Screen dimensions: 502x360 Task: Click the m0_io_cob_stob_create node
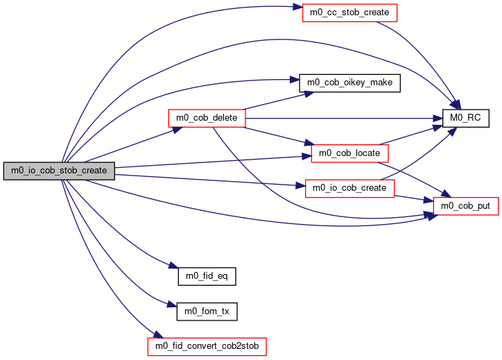(x=59, y=171)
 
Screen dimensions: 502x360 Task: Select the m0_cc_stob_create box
(x=349, y=12)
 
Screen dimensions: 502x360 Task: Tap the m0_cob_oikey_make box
(x=349, y=83)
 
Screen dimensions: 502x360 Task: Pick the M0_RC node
(x=465, y=118)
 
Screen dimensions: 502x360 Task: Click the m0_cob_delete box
(x=207, y=118)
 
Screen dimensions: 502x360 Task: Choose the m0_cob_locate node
(x=349, y=153)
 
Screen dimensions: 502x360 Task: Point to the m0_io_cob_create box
(x=349, y=189)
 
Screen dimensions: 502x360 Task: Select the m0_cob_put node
(x=465, y=206)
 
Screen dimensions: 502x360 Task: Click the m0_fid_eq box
(x=207, y=276)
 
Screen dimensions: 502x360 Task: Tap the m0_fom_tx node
(x=207, y=311)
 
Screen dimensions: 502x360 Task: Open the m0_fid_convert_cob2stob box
(x=207, y=347)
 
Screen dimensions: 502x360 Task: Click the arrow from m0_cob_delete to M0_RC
(x=344, y=119)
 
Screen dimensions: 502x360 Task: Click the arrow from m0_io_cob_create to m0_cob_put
(x=414, y=198)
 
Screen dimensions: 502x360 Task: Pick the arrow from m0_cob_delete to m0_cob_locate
(x=278, y=136)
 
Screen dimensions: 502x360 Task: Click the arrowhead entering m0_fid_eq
(x=173, y=266)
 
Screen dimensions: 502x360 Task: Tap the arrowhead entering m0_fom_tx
(x=172, y=305)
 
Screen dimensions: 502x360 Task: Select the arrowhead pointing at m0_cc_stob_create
(x=297, y=7)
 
